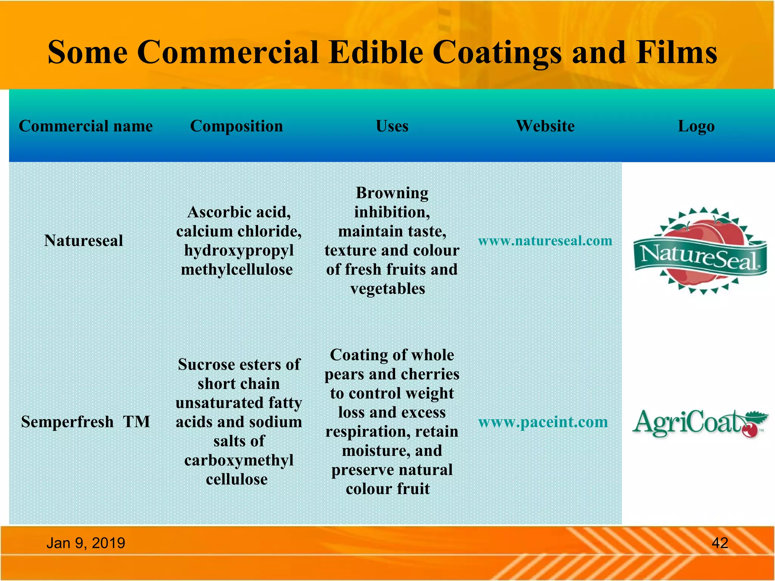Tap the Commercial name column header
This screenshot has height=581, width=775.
[86, 126]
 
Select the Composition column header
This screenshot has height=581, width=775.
[237, 126]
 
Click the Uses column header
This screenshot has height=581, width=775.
[392, 126]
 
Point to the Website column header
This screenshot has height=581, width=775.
[545, 126]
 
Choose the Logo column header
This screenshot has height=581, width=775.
[696, 126]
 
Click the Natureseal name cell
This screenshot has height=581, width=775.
[84, 241]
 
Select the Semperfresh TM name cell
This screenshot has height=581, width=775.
[86, 421]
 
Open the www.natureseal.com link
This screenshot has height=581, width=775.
[545, 241]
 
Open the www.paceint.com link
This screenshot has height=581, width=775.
[543, 422]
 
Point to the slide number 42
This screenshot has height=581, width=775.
[720, 543]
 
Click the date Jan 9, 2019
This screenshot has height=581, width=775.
[86, 543]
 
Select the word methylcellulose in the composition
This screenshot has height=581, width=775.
[237, 270]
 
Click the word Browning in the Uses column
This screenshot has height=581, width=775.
[392, 193]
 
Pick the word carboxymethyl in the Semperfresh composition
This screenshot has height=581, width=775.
[239, 460]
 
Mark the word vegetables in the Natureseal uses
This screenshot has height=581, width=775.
[388, 289]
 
